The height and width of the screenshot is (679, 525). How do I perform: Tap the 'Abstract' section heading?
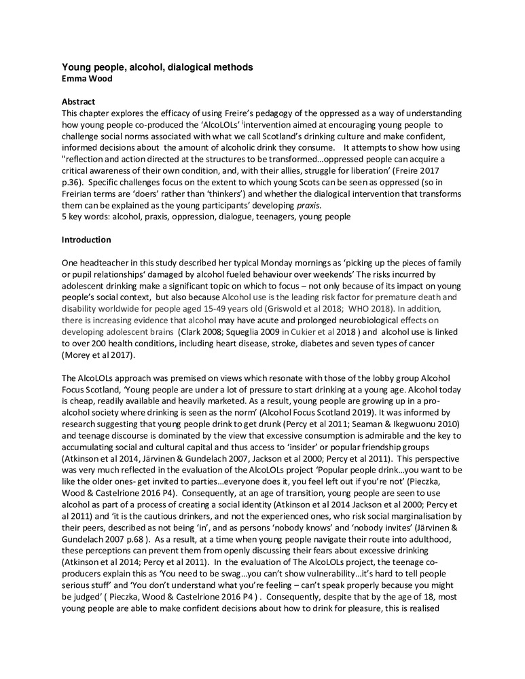click(x=78, y=101)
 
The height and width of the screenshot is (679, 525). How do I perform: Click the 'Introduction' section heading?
click(x=86, y=240)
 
